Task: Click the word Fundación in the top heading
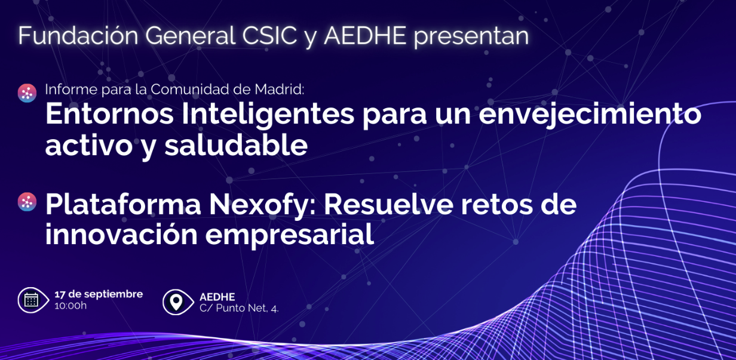[x=78, y=35]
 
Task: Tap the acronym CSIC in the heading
[x=269, y=35]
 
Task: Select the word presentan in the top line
[x=471, y=36]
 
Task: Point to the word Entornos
[x=109, y=113]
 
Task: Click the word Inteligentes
[x=268, y=115]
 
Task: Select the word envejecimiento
[x=590, y=115]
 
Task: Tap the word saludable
[x=236, y=144]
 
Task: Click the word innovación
[x=121, y=234]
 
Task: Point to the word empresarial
[x=290, y=235]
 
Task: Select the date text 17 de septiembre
[x=99, y=294]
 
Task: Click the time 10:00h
[x=70, y=306]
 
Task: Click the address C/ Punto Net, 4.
[x=239, y=308]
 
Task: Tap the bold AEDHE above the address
[x=217, y=297]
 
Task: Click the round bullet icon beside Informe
[x=27, y=93]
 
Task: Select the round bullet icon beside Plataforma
[x=27, y=202]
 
